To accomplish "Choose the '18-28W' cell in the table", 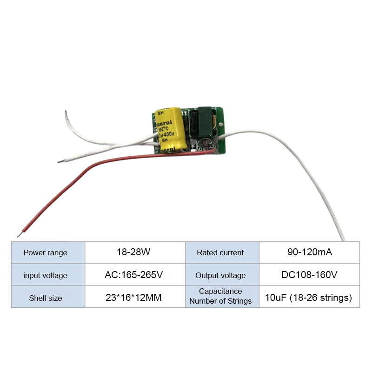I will (x=133, y=252).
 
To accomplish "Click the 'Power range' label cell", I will (x=46, y=252).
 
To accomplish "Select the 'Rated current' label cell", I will (x=220, y=252).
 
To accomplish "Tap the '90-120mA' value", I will (x=309, y=252).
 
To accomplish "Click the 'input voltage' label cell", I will (x=46, y=275).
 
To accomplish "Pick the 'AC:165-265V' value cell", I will (x=133, y=275).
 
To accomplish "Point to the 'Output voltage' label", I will (x=220, y=275).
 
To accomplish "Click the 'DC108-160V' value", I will (x=309, y=275).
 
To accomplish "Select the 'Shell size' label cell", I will (x=46, y=298).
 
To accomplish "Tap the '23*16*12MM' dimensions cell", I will (x=133, y=298).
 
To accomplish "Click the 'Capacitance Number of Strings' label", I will (x=220, y=296).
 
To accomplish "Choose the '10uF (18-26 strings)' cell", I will (x=309, y=298).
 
